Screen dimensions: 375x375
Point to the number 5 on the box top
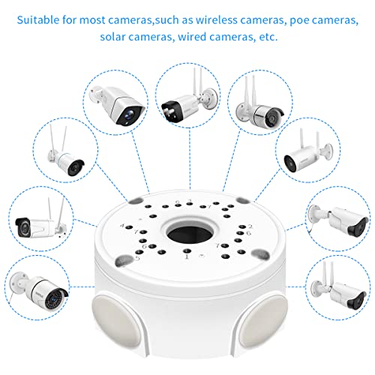[138, 258]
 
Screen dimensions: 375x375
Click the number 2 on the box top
[250, 226]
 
